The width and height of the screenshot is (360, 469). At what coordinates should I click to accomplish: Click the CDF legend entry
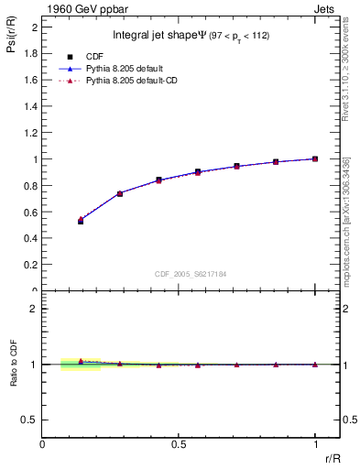(92, 56)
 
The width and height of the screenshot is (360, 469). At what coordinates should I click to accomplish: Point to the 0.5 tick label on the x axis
(180, 444)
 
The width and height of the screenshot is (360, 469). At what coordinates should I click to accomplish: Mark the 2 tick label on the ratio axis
(33, 309)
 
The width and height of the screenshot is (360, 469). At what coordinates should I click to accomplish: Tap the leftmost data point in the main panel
(81, 221)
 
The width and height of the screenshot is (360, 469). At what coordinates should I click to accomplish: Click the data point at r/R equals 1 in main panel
(315, 158)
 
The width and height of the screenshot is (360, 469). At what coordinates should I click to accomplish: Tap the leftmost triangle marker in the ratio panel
(81, 361)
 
